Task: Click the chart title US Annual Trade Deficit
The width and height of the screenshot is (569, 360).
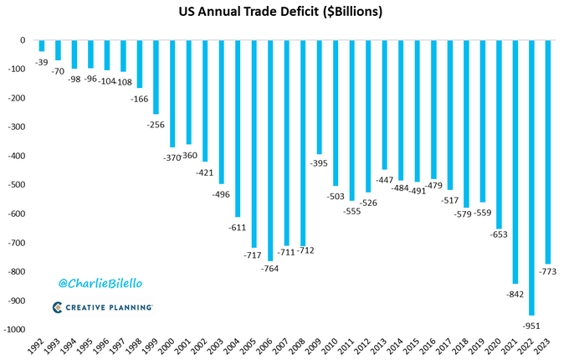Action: [284, 14]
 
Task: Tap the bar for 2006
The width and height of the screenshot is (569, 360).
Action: [269, 151]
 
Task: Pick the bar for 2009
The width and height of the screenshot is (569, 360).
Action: [318, 97]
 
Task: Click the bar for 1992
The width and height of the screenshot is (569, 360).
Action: [42, 46]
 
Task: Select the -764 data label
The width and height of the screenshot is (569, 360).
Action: [269, 269]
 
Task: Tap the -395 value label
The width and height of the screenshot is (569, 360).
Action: [319, 162]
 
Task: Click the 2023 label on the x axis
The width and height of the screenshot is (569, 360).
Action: [545, 347]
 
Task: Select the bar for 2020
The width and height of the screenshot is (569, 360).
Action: [498, 135]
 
